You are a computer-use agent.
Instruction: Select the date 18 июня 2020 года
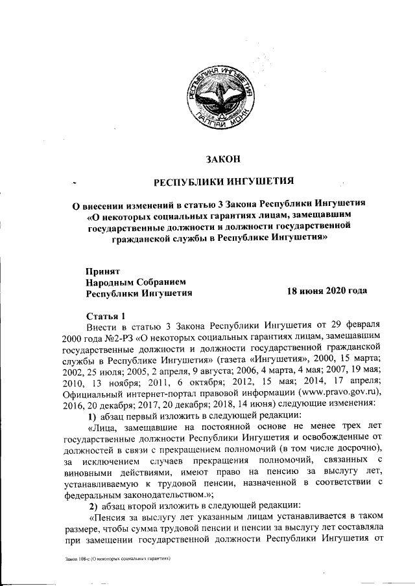click(327, 291)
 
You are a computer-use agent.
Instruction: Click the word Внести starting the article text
click(101, 326)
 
